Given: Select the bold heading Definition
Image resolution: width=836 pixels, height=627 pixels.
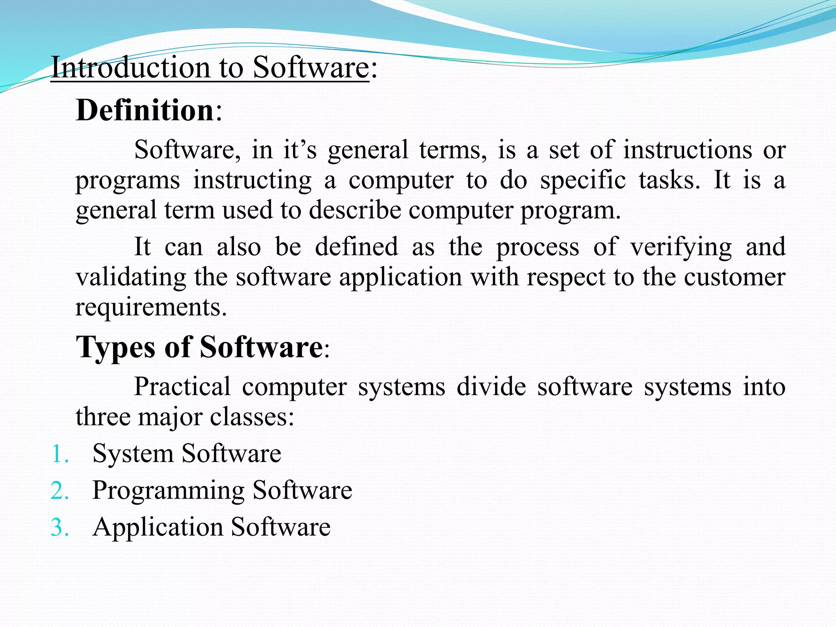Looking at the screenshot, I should pyautogui.click(x=145, y=110).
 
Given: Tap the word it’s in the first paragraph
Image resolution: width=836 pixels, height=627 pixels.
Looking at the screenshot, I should pyautogui.click(x=300, y=149).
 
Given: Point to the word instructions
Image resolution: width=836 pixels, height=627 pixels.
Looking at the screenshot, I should pyautogui.click(x=687, y=149).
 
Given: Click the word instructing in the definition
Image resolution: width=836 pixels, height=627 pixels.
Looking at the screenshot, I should pyautogui.click(x=252, y=180).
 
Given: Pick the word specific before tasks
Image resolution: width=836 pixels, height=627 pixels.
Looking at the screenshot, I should pyautogui.click(x=583, y=180).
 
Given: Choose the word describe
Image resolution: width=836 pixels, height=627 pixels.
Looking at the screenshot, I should pyautogui.click(x=355, y=210).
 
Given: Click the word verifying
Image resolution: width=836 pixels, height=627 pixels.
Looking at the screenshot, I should pyautogui.click(x=681, y=247).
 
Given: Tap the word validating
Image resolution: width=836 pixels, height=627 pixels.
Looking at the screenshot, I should pyautogui.click(x=131, y=277).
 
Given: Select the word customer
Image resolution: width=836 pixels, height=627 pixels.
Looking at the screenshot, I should pyautogui.click(x=734, y=277).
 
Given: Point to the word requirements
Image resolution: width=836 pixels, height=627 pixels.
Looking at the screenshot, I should pyautogui.click(x=151, y=307).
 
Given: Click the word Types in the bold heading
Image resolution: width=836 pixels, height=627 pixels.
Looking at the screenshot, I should pyautogui.click(x=116, y=347).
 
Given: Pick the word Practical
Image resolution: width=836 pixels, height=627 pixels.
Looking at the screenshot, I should pyautogui.click(x=182, y=386).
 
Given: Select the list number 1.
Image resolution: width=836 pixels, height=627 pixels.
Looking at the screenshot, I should pyautogui.click(x=60, y=454).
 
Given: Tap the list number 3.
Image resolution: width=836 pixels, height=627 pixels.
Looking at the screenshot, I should pyautogui.click(x=60, y=527).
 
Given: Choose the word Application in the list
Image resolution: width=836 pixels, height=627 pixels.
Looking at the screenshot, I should pyautogui.click(x=158, y=527).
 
